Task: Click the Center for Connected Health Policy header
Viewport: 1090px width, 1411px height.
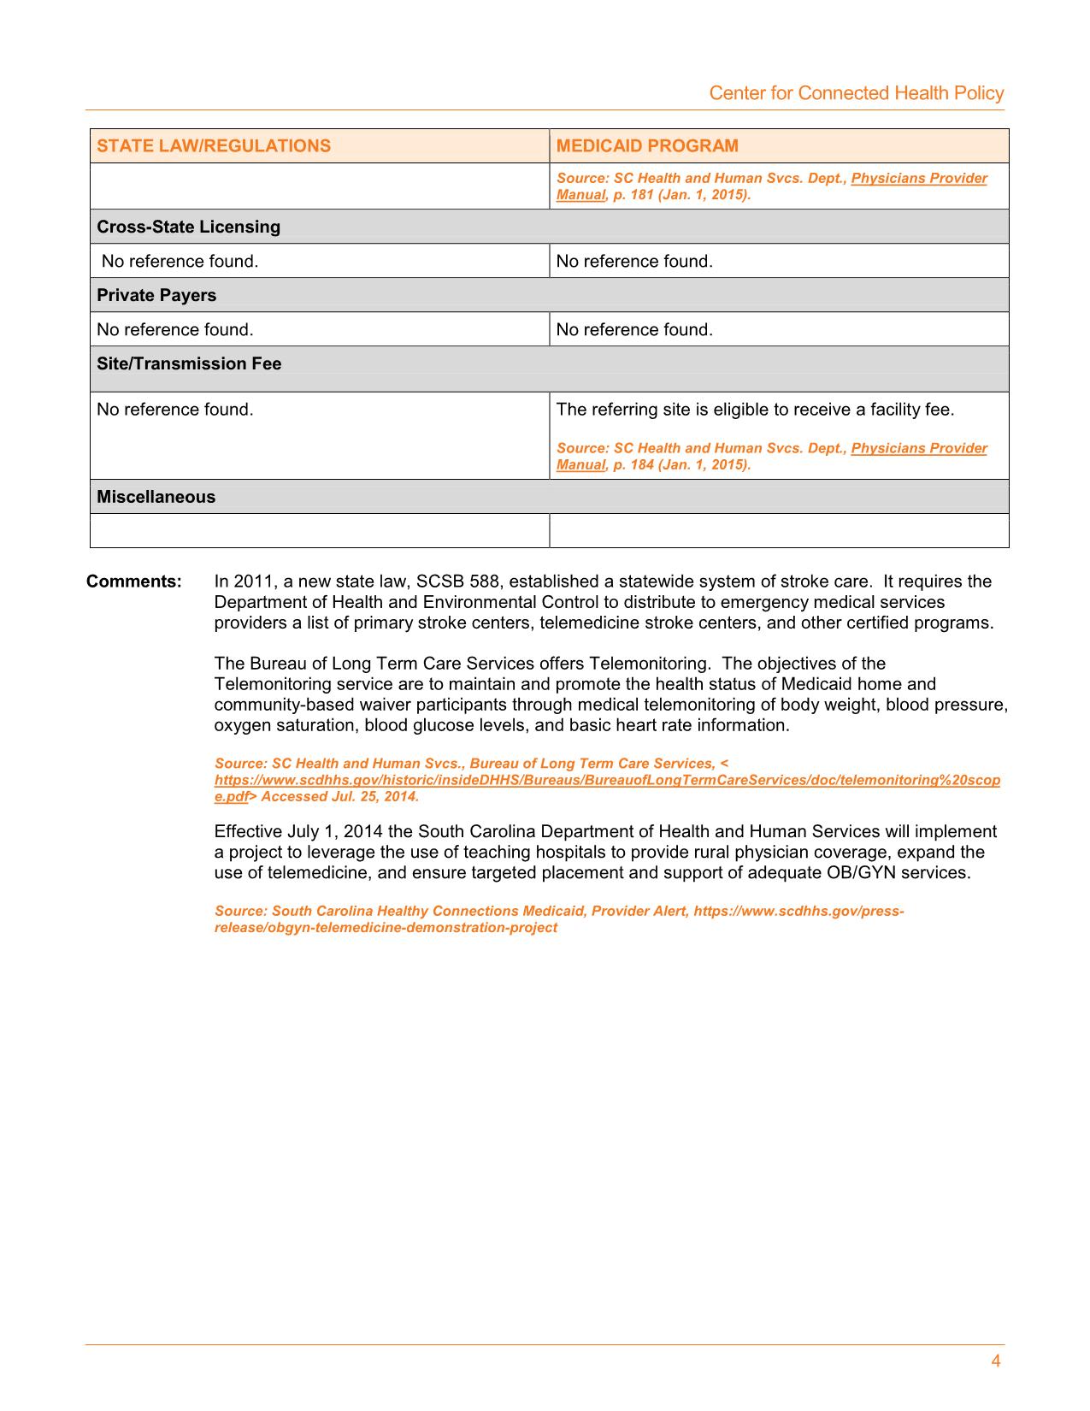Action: coord(856,93)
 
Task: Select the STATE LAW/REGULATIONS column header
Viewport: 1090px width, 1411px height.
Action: coord(214,145)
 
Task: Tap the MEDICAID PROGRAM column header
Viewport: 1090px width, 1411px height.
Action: coord(647,145)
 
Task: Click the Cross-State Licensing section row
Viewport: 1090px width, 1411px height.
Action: coord(188,227)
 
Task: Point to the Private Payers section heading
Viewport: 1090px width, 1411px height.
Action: coord(156,295)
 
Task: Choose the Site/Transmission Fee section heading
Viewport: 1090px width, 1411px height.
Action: coord(189,363)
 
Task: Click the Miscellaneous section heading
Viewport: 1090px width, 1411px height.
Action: coord(156,497)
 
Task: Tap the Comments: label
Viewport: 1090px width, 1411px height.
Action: coord(134,582)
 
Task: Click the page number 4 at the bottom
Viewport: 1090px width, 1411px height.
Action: coord(995,1361)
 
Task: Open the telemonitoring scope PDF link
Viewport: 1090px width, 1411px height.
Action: coord(607,780)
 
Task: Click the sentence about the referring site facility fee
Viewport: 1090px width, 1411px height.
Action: coord(755,410)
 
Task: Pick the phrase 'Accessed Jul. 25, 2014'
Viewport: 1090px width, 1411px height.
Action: coord(339,797)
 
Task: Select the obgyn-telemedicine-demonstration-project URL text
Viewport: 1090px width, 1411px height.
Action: coord(386,928)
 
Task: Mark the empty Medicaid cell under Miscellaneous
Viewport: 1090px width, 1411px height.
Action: coord(778,530)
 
